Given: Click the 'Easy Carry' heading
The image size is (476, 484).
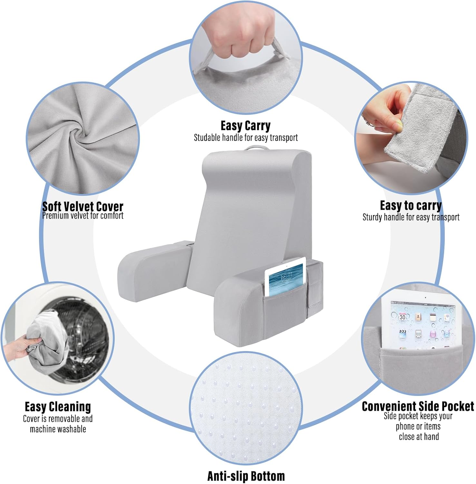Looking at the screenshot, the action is [245, 126].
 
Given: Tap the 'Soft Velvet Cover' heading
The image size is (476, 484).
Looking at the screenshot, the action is [83, 206].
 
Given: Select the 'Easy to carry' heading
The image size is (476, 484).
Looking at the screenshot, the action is [411, 205].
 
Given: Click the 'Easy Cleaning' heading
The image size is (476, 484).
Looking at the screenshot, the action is [58, 407].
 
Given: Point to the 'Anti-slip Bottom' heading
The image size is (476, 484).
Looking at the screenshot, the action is [246, 476].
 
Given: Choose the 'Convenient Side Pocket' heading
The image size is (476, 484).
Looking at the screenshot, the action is [418, 406].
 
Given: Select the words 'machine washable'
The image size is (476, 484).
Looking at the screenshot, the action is [58, 429].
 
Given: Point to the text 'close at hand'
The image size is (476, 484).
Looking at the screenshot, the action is [419, 437].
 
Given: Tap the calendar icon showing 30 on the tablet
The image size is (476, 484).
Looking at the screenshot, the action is [403, 317].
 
